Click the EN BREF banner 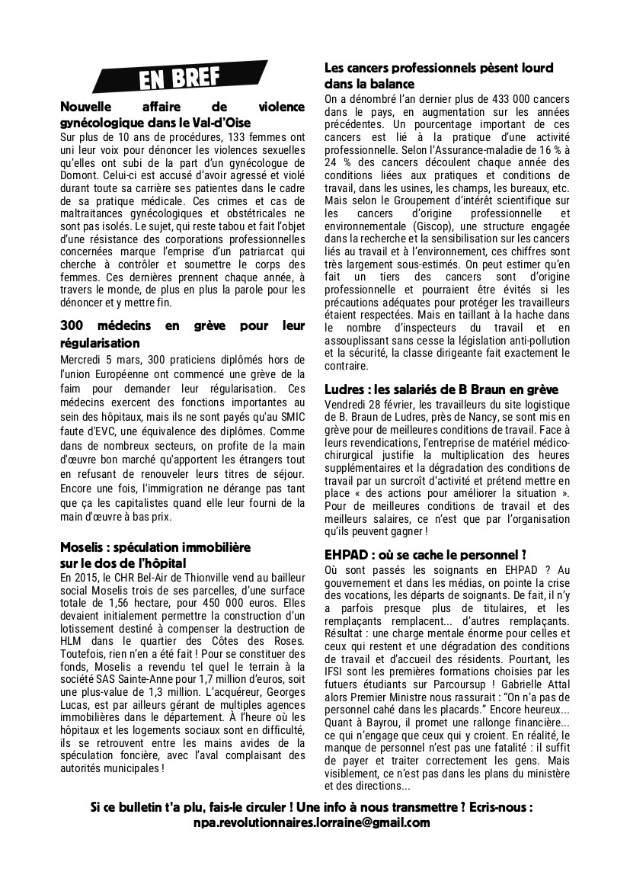pos(180,79)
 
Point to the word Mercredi pos(82,359)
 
